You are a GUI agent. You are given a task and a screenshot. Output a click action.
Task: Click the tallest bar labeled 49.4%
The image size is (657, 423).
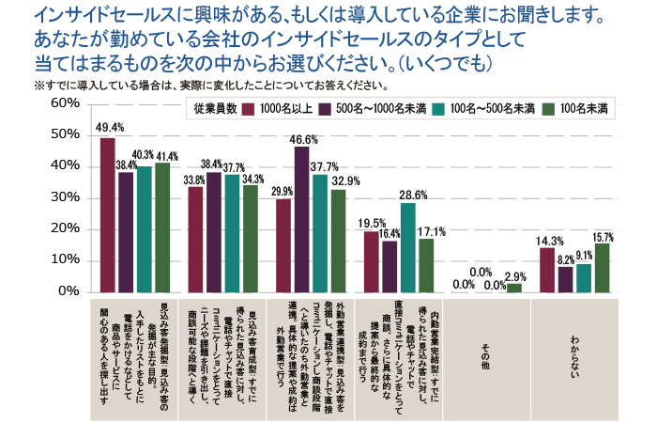[107, 215]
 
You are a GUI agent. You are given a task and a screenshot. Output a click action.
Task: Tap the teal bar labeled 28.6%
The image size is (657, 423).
[407, 247]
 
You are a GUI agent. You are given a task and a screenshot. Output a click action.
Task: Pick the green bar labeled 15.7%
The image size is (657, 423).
[601, 267]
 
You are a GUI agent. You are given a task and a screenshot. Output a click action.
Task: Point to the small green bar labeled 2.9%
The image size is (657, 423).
[512, 288]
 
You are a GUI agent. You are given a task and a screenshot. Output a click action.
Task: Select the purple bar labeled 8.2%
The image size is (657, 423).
[565, 279]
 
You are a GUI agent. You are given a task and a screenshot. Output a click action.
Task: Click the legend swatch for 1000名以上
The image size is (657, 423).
[251, 108]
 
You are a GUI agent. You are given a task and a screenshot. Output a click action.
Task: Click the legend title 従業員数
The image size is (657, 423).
[214, 108]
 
